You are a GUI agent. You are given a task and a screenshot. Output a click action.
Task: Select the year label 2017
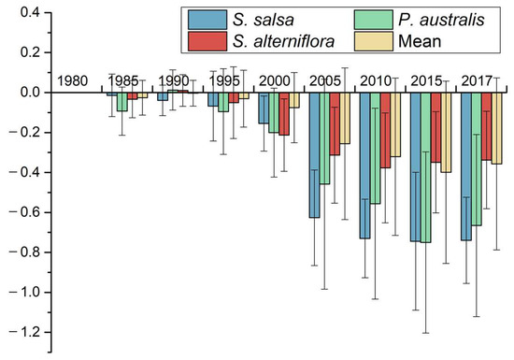(x=481, y=80)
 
